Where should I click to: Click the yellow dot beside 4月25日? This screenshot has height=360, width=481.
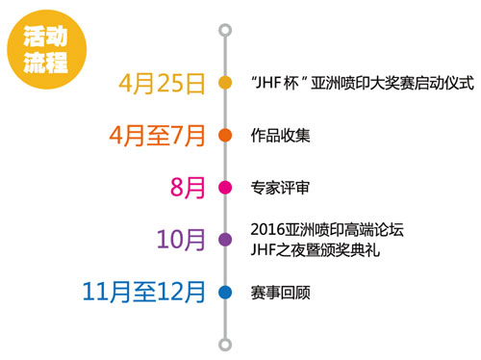point(225,83)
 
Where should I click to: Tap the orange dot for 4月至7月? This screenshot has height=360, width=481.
point(225,135)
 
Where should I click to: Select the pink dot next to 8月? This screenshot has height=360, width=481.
point(225,187)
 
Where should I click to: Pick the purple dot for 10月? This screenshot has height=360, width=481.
point(225,239)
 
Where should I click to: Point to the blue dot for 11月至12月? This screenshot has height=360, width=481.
point(225,291)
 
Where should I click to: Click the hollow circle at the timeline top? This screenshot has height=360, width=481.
point(225,31)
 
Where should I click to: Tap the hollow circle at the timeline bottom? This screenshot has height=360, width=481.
point(225,344)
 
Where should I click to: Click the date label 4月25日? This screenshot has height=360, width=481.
point(163,83)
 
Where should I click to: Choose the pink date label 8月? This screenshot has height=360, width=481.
point(189,187)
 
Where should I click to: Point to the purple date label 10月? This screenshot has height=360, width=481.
point(183,239)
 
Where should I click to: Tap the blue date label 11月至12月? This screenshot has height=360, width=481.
point(144,291)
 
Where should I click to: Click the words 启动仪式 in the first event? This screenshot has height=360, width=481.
point(444,84)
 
